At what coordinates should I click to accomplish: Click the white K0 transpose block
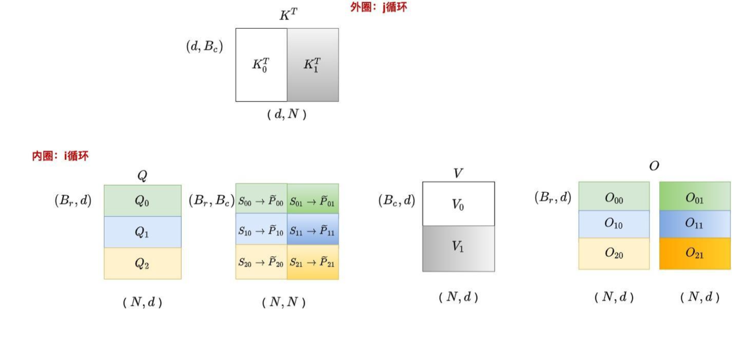[261, 65]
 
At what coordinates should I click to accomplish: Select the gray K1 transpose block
[313, 65]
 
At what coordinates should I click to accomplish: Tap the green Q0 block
[142, 201]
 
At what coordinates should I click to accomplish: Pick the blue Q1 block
[142, 232]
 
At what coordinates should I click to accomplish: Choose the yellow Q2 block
[142, 263]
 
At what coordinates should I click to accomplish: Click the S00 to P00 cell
[261, 202]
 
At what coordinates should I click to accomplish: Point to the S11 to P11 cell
[312, 230]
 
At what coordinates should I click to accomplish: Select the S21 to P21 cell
[312, 262]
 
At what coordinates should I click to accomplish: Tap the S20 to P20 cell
[261, 262]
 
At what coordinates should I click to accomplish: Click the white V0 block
[458, 204]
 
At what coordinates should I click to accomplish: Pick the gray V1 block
[458, 248]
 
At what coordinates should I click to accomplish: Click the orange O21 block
[694, 253]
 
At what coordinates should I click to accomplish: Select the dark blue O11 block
[694, 224]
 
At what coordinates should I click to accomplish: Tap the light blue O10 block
[614, 224]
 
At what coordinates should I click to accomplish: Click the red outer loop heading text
[378, 7]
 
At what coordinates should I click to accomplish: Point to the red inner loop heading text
[60, 156]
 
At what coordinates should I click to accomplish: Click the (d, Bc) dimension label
[205, 46]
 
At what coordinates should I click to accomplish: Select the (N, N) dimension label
[284, 302]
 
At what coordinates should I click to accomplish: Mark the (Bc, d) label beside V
[396, 201]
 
